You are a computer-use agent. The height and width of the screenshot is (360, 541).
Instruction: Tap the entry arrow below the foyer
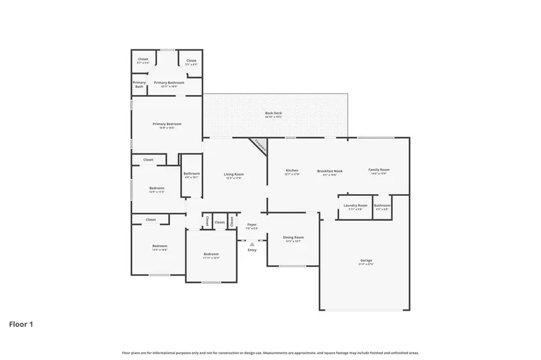pyautogui.click(x=252, y=244)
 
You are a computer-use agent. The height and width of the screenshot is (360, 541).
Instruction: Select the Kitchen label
pyautogui.click(x=292, y=171)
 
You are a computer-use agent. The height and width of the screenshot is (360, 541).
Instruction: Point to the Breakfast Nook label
pyautogui.click(x=330, y=171)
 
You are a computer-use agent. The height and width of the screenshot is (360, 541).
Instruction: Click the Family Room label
pyautogui.click(x=379, y=170)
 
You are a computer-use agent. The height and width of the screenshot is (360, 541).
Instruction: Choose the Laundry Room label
pyautogui.click(x=355, y=206)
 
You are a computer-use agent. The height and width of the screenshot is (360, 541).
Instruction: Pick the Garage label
pyautogui.click(x=366, y=260)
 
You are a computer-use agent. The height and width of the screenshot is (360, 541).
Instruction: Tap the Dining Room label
pyautogui.click(x=293, y=237)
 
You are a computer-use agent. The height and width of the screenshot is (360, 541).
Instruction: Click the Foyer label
pyautogui.click(x=252, y=225)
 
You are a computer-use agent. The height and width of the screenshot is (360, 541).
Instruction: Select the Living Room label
pyautogui.click(x=234, y=175)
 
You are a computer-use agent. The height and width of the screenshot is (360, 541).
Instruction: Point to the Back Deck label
pyautogui.click(x=274, y=113)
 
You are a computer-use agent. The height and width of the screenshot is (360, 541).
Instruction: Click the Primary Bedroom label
pyautogui.click(x=167, y=124)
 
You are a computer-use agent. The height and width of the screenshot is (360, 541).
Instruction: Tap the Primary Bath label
pyautogui.click(x=139, y=84)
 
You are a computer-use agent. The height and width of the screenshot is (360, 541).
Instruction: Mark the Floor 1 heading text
pyautogui.click(x=21, y=325)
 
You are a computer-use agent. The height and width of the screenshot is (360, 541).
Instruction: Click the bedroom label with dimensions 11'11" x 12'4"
pyautogui.click(x=211, y=254)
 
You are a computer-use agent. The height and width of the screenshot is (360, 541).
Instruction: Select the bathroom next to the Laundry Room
pyautogui.click(x=382, y=206)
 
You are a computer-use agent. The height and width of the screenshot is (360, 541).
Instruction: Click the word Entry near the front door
pyautogui.click(x=252, y=250)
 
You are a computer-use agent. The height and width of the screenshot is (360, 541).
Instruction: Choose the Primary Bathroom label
pyautogui.click(x=169, y=83)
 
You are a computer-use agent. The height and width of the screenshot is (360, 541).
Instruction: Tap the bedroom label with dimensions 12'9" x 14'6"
pyautogui.click(x=159, y=246)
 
